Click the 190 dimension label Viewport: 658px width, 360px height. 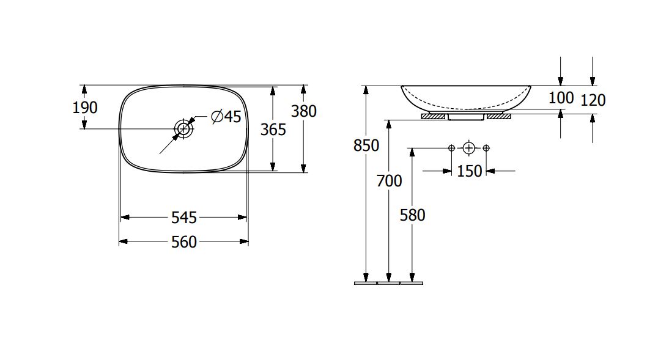85,108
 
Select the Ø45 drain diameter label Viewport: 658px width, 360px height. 226,116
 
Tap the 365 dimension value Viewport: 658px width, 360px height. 273,130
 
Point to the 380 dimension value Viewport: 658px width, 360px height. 304,111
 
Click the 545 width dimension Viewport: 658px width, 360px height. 184,218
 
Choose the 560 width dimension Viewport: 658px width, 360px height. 184,241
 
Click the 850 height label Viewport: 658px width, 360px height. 366,145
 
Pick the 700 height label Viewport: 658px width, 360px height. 390,181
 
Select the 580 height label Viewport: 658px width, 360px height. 413,215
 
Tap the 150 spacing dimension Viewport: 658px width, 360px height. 469,171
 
